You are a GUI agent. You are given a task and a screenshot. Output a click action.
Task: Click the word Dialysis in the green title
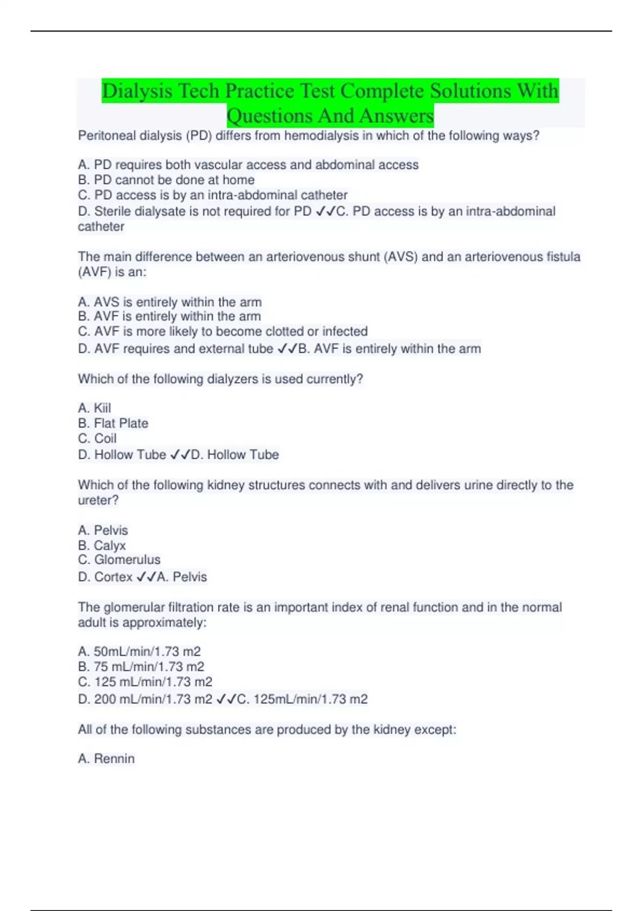(137, 91)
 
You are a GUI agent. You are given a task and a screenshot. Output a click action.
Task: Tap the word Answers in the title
(396, 116)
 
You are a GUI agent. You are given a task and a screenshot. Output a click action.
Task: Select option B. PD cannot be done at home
(166, 180)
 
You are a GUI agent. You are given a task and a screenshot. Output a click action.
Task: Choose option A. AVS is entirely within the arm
(170, 302)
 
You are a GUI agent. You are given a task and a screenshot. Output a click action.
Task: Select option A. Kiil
(94, 408)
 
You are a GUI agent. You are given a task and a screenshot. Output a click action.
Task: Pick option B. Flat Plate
(113, 423)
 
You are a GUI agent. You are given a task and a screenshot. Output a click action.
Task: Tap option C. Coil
(97, 438)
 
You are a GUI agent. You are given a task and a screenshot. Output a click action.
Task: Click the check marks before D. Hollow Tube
(180, 455)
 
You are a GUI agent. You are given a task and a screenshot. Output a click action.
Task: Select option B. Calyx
(102, 546)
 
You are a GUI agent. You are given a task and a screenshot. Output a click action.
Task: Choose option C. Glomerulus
(119, 560)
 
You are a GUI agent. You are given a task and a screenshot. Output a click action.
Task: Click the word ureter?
(98, 501)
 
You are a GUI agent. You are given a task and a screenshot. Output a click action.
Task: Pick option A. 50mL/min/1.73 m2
(139, 652)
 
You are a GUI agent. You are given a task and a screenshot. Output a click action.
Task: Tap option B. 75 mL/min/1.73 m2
(141, 667)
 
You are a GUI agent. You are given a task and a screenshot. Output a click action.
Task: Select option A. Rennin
(106, 759)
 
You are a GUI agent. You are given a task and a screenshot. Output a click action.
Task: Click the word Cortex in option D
(113, 577)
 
